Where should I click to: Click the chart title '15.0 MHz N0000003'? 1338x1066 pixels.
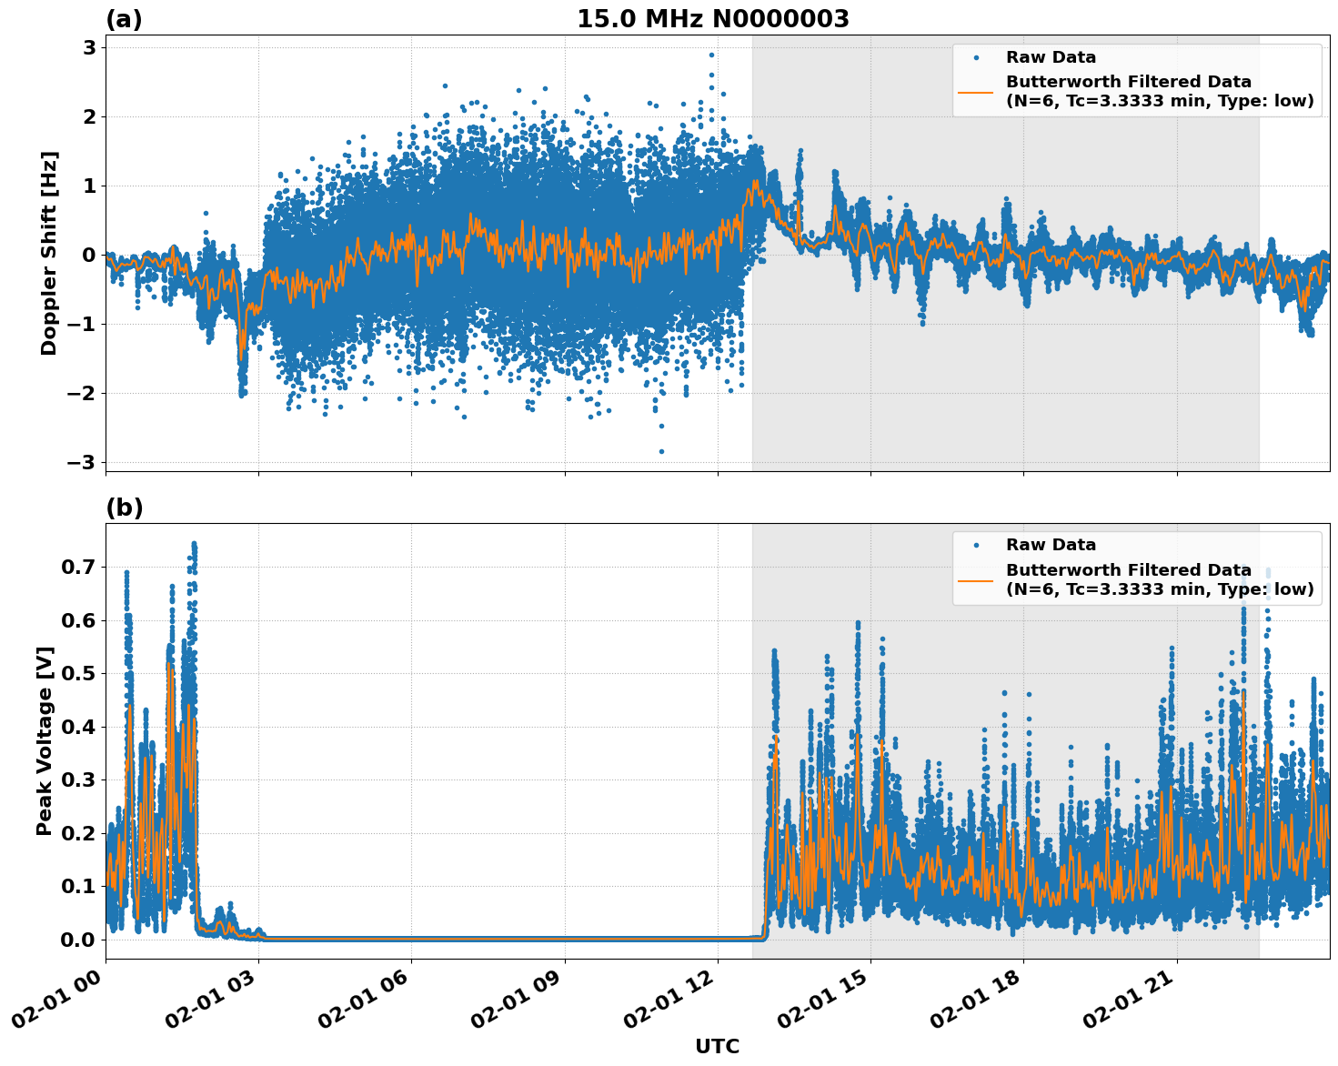pyautogui.click(x=712, y=19)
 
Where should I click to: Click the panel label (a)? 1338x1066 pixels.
pyautogui.click(x=124, y=19)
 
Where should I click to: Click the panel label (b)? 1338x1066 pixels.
pyautogui.click(x=124, y=508)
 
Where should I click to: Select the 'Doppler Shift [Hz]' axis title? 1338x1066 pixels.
pyautogui.click(x=49, y=253)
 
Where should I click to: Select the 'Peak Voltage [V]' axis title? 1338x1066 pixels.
pyautogui.click(x=45, y=740)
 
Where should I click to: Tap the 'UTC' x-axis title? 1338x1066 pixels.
pyautogui.click(x=717, y=1046)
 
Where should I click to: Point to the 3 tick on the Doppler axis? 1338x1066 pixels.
pyautogui.click(x=89, y=47)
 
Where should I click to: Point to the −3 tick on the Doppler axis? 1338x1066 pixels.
pyautogui.click(x=82, y=462)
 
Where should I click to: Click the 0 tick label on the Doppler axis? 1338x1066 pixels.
pyautogui.click(x=89, y=255)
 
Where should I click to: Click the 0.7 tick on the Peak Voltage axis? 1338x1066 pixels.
pyautogui.click(x=78, y=568)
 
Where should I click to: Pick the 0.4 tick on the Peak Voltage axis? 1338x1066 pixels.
pyautogui.click(x=78, y=727)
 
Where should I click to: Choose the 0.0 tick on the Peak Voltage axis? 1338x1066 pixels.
pyautogui.click(x=78, y=940)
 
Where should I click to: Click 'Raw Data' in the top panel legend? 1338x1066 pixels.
pyautogui.click(x=1051, y=57)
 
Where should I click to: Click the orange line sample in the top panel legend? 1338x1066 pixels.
pyautogui.click(x=976, y=91)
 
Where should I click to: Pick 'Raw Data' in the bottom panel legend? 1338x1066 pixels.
pyautogui.click(x=1051, y=545)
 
